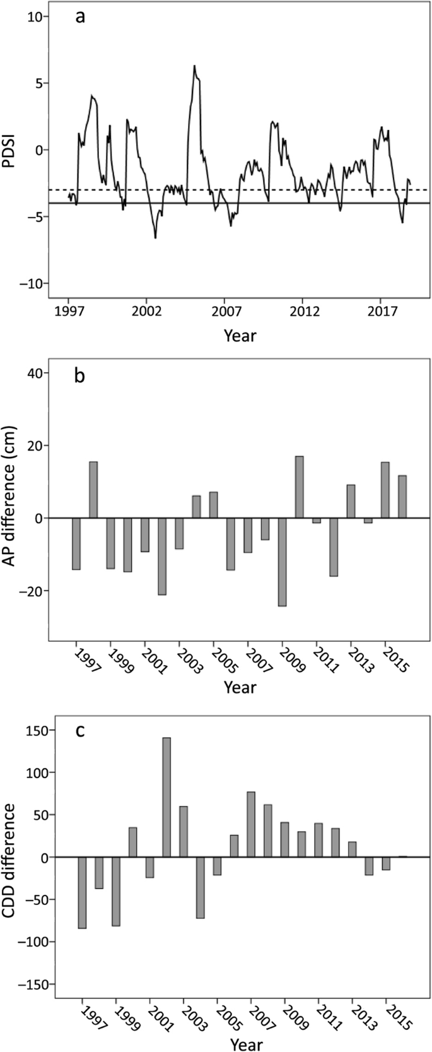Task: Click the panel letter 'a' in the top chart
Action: (x=80, y=17)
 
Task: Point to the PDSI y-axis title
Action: (x=11, y=150)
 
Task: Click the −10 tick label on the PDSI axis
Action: (x=29, y=283)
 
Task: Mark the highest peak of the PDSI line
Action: (x=194, y=66)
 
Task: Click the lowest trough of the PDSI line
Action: (x=155, y=237)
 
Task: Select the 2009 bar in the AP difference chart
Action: (x=282, y=562)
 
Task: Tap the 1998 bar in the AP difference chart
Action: (x=93, y=490)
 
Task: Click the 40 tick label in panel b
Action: (x=33, y=373)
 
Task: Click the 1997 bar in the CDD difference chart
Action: (x=82, y=892)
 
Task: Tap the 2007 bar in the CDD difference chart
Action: (x=251, y=824)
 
